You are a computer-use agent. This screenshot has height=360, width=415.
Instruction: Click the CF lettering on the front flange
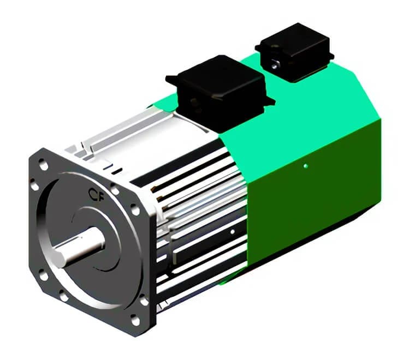[97, 195]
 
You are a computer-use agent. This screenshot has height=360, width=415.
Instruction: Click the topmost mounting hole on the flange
[43, 164]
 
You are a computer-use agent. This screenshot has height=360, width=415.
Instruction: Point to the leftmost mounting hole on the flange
[34, 184]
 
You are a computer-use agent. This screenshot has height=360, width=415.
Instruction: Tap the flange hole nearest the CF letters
[115, 189]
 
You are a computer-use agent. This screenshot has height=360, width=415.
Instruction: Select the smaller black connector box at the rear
[294, 51]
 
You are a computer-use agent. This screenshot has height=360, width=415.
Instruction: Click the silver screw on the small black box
[275, 64]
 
